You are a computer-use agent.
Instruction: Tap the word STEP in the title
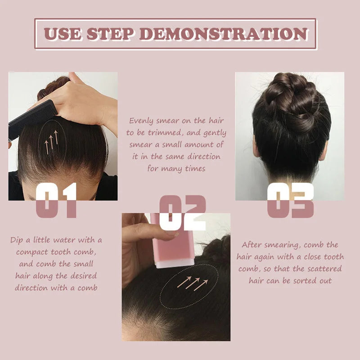click(x=111, y=34)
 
